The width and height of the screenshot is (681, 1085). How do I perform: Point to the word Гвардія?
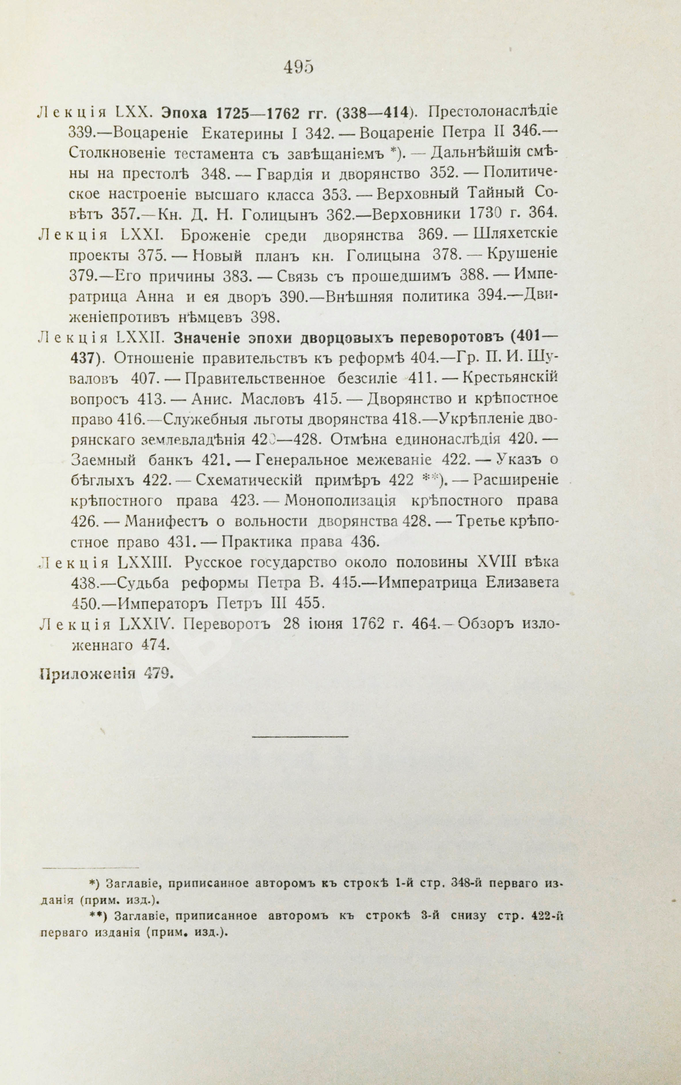pos(286,174)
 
